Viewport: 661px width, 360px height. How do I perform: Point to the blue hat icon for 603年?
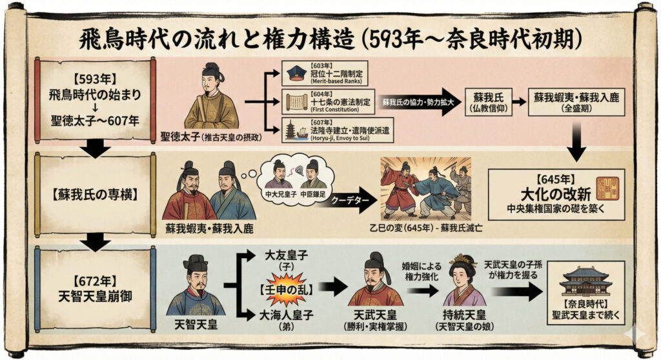tap(295, 72)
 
